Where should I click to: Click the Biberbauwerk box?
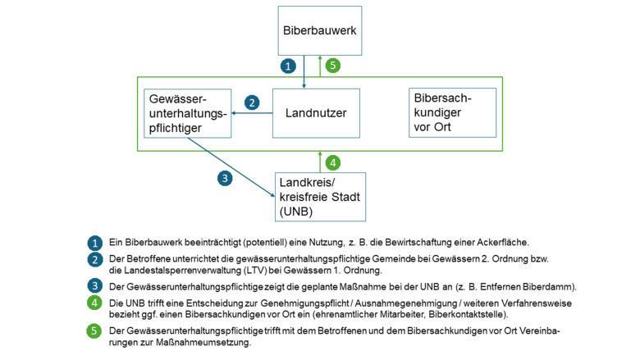[320, 30]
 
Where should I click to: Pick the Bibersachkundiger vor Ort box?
[452, 112]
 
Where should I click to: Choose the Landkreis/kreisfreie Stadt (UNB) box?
[320, 197]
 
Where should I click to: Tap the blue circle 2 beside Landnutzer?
[252, 103]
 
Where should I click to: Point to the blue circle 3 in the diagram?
[223, 178]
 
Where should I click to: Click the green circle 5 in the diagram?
[332, 65]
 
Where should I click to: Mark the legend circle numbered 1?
[96, 244]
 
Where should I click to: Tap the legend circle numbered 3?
[96, 285]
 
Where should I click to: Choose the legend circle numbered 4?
[96, 303]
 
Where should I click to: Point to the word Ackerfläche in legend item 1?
[502, 243]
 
